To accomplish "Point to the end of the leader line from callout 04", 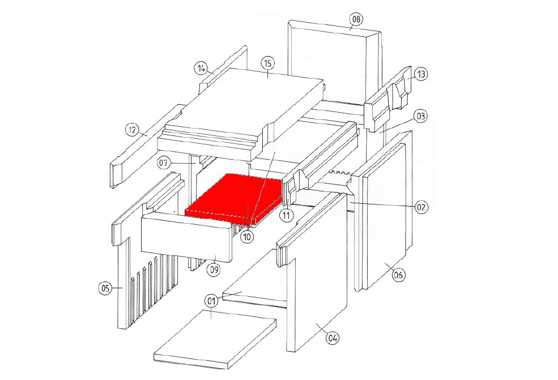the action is pos(316,324).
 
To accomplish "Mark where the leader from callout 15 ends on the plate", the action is pos(268,77).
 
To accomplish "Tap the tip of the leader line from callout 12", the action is pos(147,135).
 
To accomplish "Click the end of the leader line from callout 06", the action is pos(385,263).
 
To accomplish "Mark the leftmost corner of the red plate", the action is pos(185,210).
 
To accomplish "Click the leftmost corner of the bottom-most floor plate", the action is pos(154,355).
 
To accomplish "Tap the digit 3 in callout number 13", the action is pos(423,74).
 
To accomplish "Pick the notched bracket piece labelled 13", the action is pos(388,99).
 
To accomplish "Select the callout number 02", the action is pos(421,207).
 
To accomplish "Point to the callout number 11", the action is pos(287,215).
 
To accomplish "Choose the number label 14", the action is pos(201,69).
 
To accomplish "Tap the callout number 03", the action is pos(421,116).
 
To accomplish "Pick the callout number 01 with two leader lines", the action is pos(211,301).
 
